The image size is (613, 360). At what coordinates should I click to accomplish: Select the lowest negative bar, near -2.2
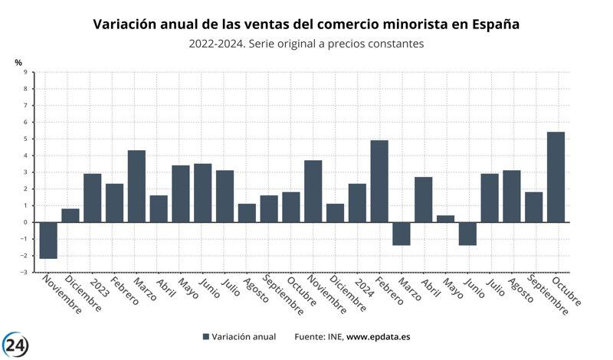pyautogui.click(x=48, y=240)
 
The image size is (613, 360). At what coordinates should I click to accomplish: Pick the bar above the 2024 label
pyautogui.click(x=357, y=203)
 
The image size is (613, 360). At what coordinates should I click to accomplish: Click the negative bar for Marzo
pyautogui.click(x=402, y=234)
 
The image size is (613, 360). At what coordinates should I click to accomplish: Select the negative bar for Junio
pyautogui.click(x=467, y=234)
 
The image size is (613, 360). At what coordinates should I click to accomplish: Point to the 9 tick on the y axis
pyautogui.click(x=25, y=72)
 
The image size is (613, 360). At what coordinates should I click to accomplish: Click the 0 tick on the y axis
pyautogui.click(x=25, y=222)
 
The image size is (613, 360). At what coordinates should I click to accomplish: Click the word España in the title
pyautogui.click(x=493, y=25)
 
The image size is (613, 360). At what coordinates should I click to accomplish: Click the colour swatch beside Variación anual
pyautogui.click(x=206, y=336)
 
